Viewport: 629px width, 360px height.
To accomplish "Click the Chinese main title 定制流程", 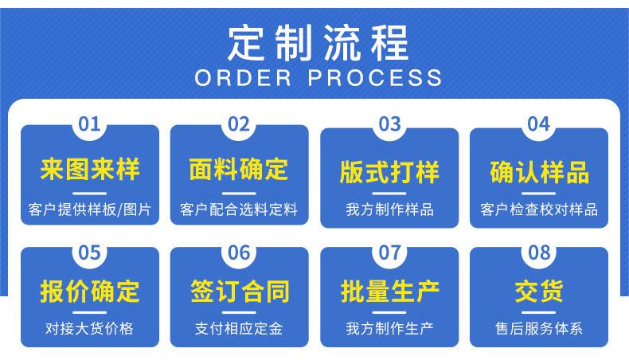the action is pos(318,42).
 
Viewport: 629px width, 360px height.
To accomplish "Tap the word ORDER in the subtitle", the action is pos(243,78).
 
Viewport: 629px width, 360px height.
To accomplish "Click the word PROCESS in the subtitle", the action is pos(375,78).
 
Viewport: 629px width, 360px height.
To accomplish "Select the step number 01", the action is pos(89,124).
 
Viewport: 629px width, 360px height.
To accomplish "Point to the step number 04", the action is pos(539,124).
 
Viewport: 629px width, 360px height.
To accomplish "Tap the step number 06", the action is pos(239,252).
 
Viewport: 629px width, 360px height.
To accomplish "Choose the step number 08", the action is pos(539,252).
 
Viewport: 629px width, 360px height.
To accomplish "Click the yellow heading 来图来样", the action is pos(90,169).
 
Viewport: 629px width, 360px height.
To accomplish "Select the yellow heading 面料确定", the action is pos(239,169).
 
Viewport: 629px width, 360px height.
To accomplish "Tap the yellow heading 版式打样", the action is pos(389,172).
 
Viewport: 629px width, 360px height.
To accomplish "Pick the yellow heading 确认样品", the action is pos(539,172).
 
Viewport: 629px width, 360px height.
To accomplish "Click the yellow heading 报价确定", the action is pos(90,291).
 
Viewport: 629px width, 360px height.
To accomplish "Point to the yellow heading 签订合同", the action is pos(240,291).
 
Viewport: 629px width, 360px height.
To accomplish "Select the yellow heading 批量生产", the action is pos(389,291).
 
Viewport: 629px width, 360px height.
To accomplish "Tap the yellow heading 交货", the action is pos(539,291).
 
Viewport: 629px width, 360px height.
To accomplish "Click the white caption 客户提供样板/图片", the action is pos(90,209).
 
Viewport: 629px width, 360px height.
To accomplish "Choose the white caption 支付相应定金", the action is pos(239,328).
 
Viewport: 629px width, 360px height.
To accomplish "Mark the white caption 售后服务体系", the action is pos(539,328).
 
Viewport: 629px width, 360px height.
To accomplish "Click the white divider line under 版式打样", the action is pos(389,194).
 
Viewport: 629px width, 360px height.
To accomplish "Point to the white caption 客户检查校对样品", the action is pos(539,209).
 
